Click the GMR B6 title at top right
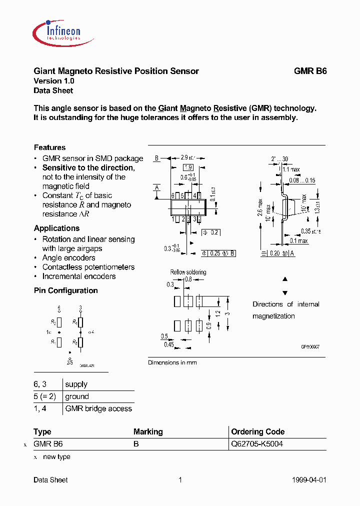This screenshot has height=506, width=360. [x=310, y=71]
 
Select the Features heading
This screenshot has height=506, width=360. [x=49, y=147]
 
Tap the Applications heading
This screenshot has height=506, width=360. [x=56, y=228]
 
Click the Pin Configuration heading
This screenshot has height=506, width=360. [x=65, y=290]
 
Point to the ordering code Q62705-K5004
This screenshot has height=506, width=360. [x=257, y=444]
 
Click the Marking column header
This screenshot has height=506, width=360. [x=148, y=431]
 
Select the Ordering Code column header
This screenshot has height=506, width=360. [x=258, y=431]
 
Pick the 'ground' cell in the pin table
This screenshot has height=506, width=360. [x=77, y=396]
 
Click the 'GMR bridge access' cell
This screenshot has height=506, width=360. [x=98, y=408]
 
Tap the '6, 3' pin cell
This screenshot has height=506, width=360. [x=43, y=384]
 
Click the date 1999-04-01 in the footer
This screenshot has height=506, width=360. [x=308, y=480]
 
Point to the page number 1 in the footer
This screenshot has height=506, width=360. [x=180, y=480]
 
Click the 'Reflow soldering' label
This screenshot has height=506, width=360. [x=188, y=272]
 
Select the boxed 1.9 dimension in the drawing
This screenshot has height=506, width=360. [x=188, y=167]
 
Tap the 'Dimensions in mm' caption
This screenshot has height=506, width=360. [x=172, y=362]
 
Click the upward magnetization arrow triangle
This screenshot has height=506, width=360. [x=285, y=279]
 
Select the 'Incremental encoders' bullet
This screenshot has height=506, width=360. [x=78, y=276]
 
